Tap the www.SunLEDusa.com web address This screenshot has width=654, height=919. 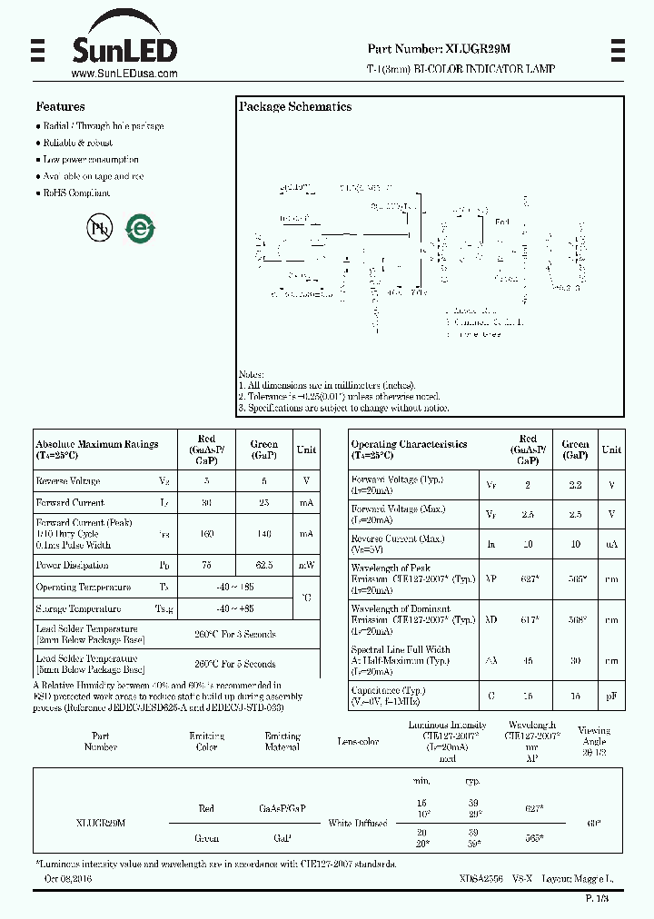(124, 74)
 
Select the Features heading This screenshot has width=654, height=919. (60, 106)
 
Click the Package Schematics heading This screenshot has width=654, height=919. (294, 107)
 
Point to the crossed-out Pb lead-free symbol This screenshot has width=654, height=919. (99, 228)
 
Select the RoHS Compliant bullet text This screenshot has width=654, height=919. (77, 193)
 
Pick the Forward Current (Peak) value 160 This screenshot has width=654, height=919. (206, 534)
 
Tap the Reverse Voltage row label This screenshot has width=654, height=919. (68, 480)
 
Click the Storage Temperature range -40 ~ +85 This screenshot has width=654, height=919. (234, 608)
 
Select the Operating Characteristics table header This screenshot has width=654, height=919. (410, 450)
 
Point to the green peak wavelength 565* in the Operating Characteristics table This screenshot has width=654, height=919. (575, 578)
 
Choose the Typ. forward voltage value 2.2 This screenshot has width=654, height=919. (575, 486)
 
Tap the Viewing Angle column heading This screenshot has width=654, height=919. (594, 741)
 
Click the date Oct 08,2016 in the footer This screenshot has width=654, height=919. (68, 879)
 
